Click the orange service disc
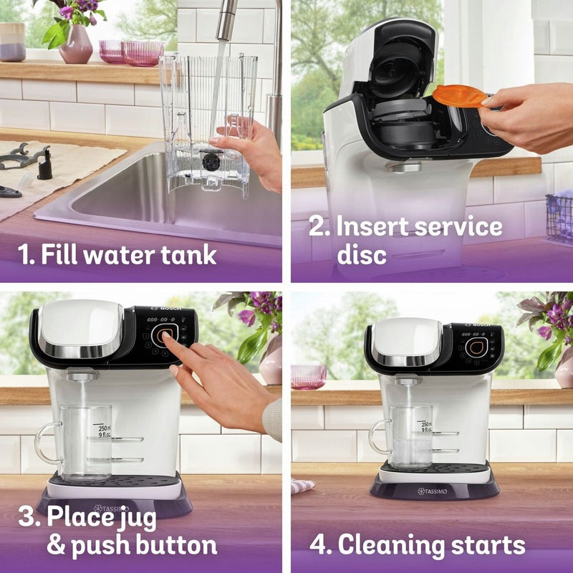(x=459, y=96)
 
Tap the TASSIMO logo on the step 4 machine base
(x=433, y=491)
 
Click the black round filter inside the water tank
(x=211, y=162)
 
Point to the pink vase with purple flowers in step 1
(x=76, y=44)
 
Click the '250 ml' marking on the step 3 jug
(x=105, y=428)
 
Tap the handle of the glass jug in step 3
(x=47, y=443)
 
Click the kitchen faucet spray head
(x=226, y=20)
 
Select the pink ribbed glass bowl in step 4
(x=309, y=377)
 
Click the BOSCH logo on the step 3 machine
(x=166, y=308)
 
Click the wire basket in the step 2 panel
(x=559, y=218)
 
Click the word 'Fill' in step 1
(x=59, y=254)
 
